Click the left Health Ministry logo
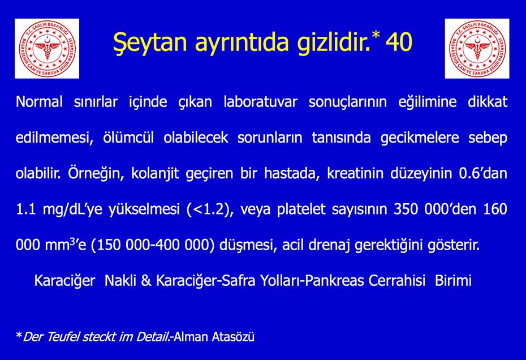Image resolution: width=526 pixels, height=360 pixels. click(x=47, y=48)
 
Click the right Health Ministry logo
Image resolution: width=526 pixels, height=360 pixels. click(x=477, y=48)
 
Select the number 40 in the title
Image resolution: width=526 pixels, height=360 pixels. click(x=399, y=42)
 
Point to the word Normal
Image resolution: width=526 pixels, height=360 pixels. click(x=39, y=101)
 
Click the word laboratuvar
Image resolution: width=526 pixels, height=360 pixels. click(x=261, y=101)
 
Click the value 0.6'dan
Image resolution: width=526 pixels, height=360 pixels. click(x=483, y=173)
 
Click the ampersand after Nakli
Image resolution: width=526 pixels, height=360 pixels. click(x=146, y=280)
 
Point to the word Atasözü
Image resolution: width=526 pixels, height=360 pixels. click(x=233, y=336)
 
